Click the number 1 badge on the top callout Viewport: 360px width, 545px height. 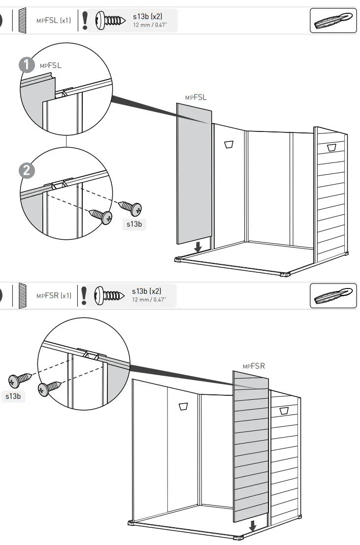point(26,65)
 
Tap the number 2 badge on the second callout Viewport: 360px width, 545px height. point(26,170)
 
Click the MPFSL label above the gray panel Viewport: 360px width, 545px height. point(196,97)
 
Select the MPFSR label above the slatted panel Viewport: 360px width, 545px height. point(254,366)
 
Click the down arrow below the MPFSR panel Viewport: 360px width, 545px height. point(253,526)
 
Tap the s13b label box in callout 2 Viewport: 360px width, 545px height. point(134,224)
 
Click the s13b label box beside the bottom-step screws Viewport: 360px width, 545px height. point(13,396)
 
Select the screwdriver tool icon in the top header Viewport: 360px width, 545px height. point(333,21)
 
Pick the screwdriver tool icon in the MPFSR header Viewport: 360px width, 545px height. point(333,296)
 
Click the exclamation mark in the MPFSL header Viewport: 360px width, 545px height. point(85,21)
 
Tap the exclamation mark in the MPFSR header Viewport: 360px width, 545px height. point(84,295)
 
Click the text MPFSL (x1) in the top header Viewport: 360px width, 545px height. point(53,21)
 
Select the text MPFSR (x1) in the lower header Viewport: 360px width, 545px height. point(54,296)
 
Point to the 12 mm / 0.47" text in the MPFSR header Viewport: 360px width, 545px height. point(149,299)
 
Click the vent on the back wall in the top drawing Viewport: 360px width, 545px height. point(229,144)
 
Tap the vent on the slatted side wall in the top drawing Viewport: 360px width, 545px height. point(330,147)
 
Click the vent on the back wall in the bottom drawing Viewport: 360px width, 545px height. point(184,406)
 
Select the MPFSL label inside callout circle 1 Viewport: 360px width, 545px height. point(50,65)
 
